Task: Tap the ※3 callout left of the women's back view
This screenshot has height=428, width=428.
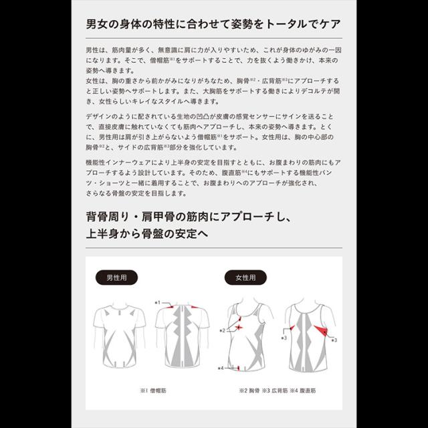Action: click(x=284, y=338)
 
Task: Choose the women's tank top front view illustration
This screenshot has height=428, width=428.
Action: click(x=245, y=337)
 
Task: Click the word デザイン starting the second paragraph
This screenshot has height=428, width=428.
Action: click(x=99, y=116)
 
